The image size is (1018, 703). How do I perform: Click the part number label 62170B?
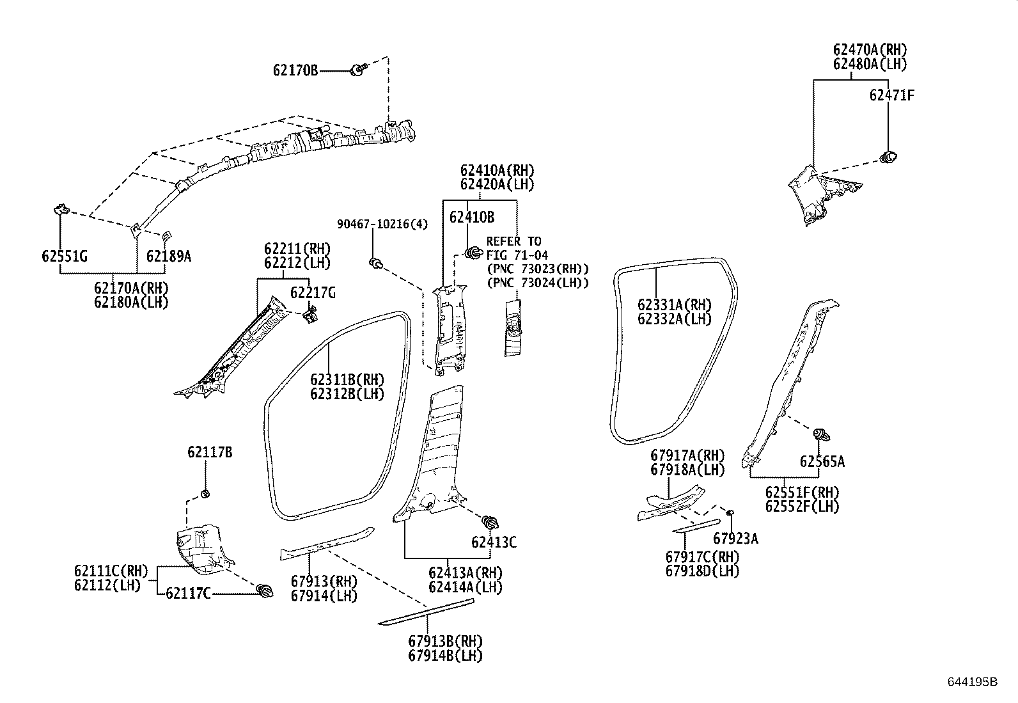click(295, 70)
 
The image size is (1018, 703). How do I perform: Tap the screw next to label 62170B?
click(359, 69)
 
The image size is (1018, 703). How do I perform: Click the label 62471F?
click(891, 95)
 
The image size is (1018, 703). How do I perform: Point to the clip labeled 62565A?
click(821, 436)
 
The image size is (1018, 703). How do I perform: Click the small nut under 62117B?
click(206, 494)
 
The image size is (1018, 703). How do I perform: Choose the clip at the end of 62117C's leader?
click(264, 590)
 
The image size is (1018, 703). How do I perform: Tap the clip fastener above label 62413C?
click(491, 521)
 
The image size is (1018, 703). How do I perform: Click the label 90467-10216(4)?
click(382, 224)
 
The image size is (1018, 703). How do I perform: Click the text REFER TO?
click(513, 241)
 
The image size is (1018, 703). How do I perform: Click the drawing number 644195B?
click(972, 682)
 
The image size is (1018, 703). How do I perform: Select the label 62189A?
click(168, 257)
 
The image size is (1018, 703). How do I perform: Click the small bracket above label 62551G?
click(61, 209)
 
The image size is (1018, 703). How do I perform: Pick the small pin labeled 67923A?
click(730, 512)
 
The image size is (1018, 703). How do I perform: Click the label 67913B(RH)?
click(445, 641)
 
